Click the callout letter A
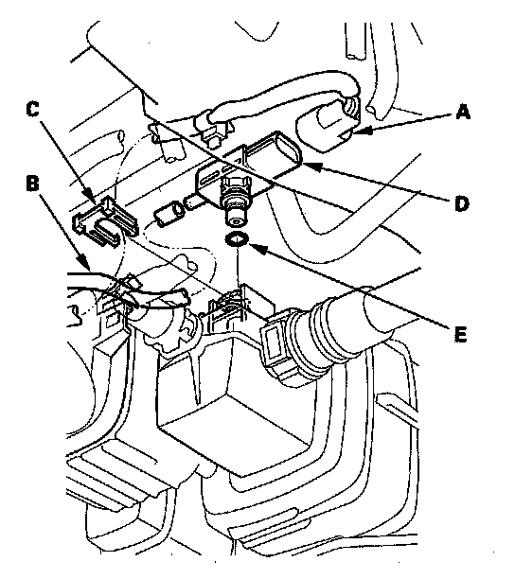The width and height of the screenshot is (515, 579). coord(463,112)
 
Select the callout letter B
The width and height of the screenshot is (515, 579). coord(33,184)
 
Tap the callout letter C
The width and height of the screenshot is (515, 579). coord(33,110)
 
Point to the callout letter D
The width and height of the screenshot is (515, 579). coord(461,203)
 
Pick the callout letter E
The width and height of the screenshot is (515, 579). coord(460,334)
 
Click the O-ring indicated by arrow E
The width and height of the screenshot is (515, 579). coord(238,239)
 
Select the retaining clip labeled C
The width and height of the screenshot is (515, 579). coord(105,221)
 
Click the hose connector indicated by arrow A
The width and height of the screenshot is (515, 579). coord(329,126)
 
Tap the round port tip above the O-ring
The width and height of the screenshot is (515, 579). coord(236,217)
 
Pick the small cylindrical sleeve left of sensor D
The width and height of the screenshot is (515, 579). coord(169,213)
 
